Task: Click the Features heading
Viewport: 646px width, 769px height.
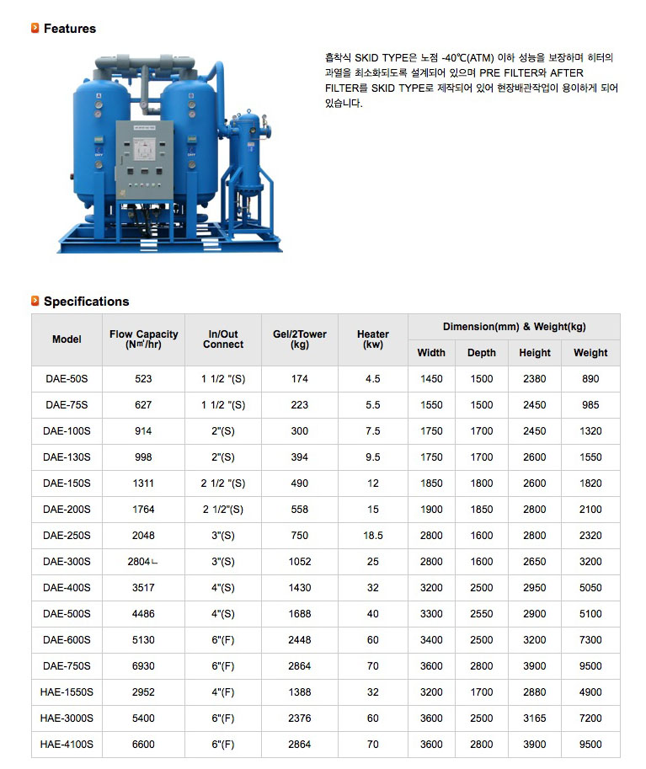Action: pos(69,29)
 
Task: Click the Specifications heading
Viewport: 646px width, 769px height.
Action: pos(86,302)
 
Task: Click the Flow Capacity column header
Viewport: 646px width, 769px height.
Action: pos(143,339)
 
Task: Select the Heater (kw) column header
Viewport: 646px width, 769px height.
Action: pos(373,339)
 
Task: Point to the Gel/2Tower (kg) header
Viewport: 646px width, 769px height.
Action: pos(300,339)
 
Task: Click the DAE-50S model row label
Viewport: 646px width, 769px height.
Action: pos(67,379)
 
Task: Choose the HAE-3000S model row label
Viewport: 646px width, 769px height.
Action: pos(67,718)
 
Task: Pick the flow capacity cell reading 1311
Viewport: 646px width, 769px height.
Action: pos(143,483)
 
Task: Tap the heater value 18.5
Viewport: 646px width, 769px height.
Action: pos(373,536)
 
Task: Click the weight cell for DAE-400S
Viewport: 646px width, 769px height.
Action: pos(590,588)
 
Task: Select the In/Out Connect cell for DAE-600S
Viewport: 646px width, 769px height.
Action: pos(223,640)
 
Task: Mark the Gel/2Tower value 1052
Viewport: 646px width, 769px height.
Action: pos(300,562)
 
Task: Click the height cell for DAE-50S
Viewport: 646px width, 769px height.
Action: pos(534,379)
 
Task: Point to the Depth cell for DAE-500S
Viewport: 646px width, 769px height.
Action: pos(482,614)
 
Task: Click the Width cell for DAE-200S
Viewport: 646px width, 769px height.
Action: pos(431,510)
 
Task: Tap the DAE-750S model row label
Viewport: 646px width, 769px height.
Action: pos(67,666)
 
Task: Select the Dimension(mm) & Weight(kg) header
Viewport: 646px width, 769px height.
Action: pos(514,327)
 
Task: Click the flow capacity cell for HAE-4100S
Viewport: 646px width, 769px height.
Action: pos(143,745)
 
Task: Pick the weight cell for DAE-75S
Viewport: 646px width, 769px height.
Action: pos(590,405)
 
